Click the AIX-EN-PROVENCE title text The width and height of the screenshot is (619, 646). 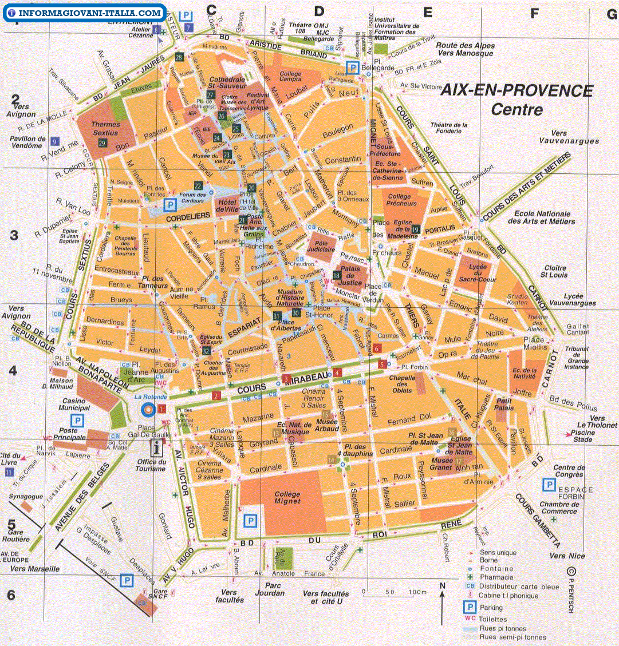(x=517, y=91)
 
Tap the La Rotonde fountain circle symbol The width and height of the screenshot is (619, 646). (x=148, y=409)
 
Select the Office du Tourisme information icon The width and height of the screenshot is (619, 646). (x=155, y=447)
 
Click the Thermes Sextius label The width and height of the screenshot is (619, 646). (x=105, y=128)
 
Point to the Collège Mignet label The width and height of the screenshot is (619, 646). (x=287, y=497)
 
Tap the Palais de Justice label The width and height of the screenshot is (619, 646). (x=351, y=275)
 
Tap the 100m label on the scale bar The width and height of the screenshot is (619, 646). (x=417, y=592)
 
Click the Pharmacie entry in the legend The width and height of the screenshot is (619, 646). (x=496, y=577)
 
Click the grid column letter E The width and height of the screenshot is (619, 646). (x=427, y=11)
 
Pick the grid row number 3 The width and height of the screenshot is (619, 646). (x=14, y=235)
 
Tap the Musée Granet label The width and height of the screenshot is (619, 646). (x=441, y=464)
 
